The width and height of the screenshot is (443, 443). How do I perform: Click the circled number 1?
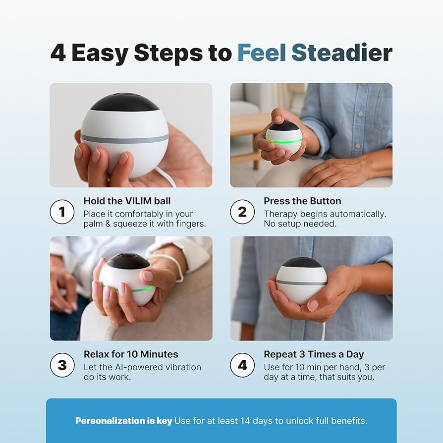(62, 212)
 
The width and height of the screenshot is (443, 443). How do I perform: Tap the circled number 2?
(242, 212)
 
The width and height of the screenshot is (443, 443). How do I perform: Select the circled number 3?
(62, 365)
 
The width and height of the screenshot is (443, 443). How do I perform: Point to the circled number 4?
(242, 365)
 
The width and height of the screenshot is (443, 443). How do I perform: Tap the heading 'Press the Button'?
(302, 201)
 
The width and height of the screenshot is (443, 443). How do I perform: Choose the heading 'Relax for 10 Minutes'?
(131, 354)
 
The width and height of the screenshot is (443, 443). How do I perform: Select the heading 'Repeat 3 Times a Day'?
(314, 354)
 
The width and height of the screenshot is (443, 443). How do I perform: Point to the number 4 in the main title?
(58, 53)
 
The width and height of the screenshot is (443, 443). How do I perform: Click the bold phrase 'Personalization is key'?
(123, 421)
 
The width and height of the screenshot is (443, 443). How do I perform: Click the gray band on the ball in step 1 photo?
(124, 138)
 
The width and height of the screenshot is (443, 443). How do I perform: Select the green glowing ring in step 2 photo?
(284, 141)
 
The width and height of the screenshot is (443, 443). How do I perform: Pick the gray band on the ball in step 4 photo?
(301, 282)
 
